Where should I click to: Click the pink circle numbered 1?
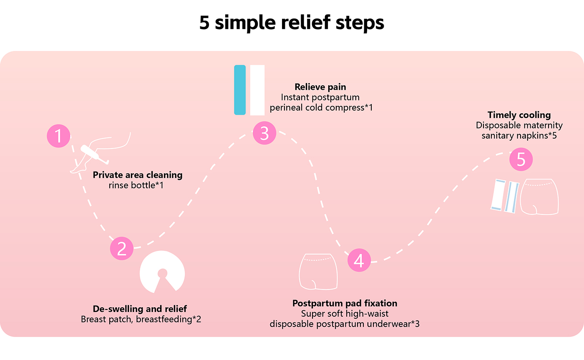click(59, 136)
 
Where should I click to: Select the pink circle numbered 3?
click(264, 133)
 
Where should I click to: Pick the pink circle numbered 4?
click(359, 260)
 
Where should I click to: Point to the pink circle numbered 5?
click(521, 159)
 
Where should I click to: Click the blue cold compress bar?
click(240, 90)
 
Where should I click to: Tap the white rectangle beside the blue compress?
click(257, 90)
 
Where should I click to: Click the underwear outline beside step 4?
click(316, 271)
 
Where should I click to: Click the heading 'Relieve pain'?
click(321, 87)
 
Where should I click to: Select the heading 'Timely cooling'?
click(519, 115)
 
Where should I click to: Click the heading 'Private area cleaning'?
click(138, 175)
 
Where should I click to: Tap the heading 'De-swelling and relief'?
click(140, 309)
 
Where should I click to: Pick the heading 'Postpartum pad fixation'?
click(345, 303)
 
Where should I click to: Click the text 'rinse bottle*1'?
click(135, 185)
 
